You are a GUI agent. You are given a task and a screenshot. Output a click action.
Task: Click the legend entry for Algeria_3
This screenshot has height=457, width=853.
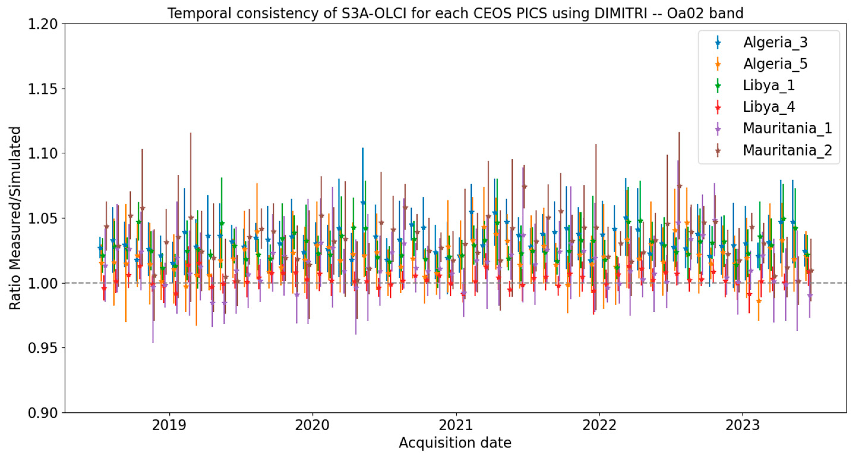pos(775,42)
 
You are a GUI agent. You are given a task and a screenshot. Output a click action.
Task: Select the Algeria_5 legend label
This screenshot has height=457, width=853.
pos(775,64)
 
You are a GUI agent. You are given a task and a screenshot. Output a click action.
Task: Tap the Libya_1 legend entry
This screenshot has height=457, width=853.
pos(769,85)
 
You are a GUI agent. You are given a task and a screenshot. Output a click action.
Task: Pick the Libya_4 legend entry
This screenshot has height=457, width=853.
pos(769,107)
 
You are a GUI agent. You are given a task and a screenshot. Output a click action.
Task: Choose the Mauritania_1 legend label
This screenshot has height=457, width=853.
pos(787,128)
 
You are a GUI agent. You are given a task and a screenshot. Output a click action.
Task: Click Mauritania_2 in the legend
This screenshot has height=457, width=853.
pos(787,150)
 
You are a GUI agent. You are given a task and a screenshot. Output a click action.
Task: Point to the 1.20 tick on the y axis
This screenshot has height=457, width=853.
pos(42,24)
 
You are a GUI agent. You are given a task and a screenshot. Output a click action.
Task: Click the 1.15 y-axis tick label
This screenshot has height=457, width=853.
pos(42,89)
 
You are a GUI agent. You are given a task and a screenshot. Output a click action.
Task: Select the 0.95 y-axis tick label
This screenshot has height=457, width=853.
pos(42,348)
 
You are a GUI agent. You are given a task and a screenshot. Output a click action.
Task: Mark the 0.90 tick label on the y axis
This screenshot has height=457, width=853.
pos(42,413)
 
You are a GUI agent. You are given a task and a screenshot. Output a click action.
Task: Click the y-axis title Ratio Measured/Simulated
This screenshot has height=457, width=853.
pos(15,218)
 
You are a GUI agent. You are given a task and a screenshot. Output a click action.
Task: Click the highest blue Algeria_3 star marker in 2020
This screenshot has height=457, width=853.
pos(363,202)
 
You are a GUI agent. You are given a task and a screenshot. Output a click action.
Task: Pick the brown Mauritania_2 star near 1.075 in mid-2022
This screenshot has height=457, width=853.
pos(679,186)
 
